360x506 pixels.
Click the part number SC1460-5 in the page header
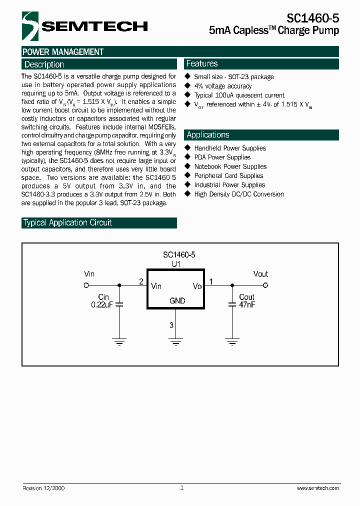coord(312,18)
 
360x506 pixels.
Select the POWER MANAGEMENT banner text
coord(63,52)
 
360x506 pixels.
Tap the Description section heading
coord(44,64)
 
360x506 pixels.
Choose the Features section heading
coord(202,63)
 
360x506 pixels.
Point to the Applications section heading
coord(208,135)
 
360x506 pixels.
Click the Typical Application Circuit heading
coord(68,223)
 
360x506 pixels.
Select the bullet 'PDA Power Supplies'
coord(222,157)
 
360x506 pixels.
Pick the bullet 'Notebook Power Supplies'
coord(230,166)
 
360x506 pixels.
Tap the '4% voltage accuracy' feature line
coord(223,86)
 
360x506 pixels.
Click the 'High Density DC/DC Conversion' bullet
coord(239,194)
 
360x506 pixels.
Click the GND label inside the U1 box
coord(177,300)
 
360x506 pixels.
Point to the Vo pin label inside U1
coord(197,286)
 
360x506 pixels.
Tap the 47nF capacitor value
coord(247,304)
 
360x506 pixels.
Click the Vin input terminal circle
coord(86,285)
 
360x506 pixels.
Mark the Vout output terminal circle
coord(265,285)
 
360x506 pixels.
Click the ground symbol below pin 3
coord(175,342)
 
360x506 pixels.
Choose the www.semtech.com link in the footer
coord(317,488)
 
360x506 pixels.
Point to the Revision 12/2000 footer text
coord(43,488)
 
